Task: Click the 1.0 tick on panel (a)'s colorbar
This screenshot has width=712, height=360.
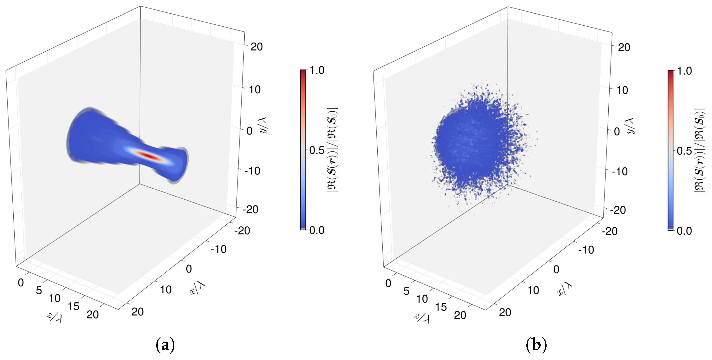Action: [317, 71]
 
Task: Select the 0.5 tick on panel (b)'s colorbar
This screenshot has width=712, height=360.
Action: [684, 151]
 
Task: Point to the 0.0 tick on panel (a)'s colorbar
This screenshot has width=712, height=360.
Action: [317, 230]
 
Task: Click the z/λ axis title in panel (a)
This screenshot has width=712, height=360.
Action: [54, 317]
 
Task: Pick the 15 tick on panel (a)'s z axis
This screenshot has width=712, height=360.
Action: [74, 306]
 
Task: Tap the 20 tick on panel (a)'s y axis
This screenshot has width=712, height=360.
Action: [256, 47]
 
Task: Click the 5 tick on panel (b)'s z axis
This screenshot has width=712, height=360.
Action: [406, 291]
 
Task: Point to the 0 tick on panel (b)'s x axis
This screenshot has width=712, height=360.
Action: [556, 269]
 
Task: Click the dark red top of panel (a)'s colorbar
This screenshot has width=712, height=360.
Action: [303, 72]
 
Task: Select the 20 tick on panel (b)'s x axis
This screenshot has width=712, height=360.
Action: [505, 313]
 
